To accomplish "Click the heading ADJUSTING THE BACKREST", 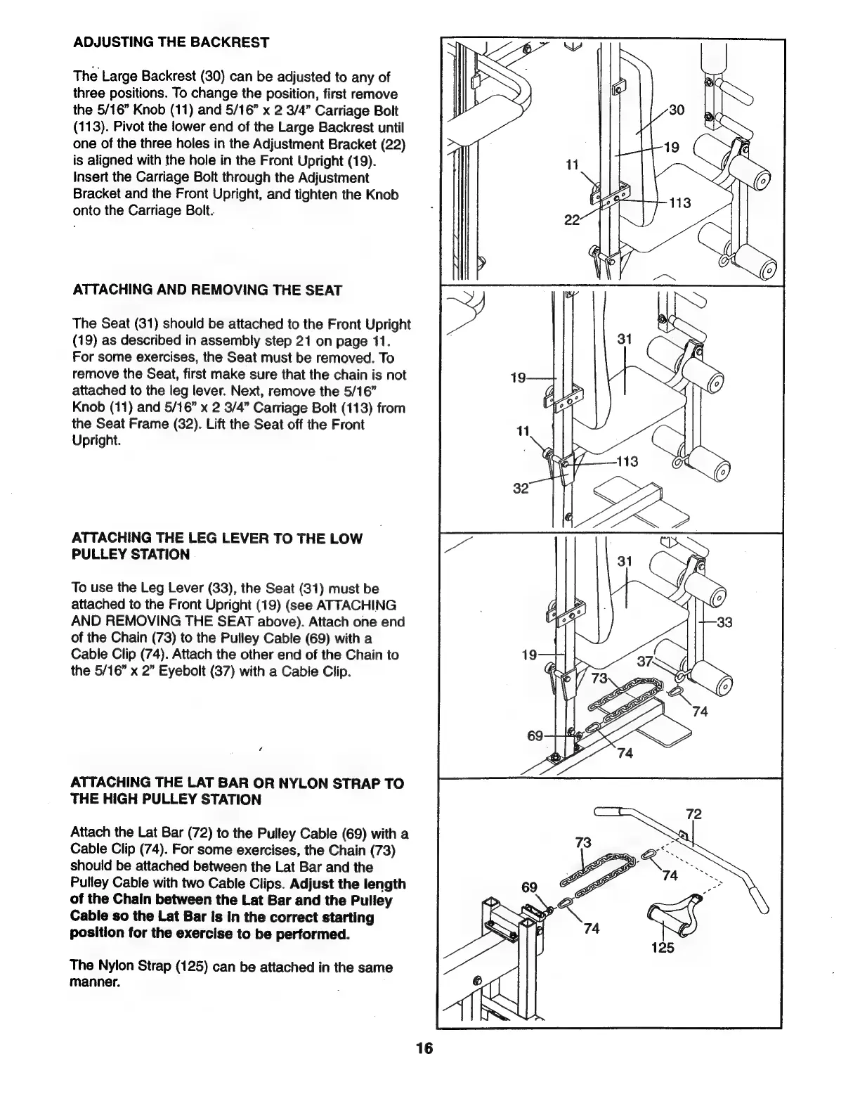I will (171, 43).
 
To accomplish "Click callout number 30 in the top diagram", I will (677, 110).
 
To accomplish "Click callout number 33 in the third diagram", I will (724, 622).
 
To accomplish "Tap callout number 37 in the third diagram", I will (645, 661).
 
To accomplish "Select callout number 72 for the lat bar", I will (694, 815).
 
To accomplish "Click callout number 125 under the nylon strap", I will (662, 947).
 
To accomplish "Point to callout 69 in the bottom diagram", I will (529, 887).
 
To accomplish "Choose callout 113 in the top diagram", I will (679, 203).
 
